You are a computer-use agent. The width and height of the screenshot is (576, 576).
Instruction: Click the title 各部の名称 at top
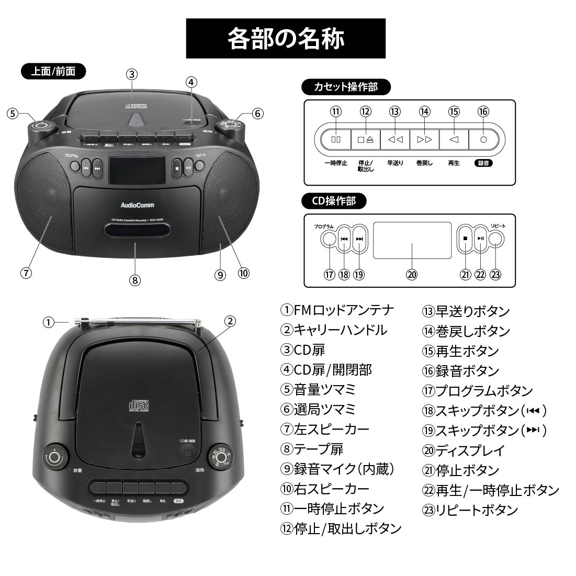pos(286,39)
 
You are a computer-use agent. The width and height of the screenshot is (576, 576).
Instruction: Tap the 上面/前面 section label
pos(53,71)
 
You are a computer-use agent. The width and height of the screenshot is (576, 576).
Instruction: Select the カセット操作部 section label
pos(346,87)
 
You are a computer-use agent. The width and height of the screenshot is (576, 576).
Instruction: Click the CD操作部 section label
pos(334,201)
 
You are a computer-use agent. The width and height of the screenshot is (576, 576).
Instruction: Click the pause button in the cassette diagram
pos(335,140)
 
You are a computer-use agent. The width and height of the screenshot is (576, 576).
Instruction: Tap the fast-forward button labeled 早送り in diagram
pos(395,140)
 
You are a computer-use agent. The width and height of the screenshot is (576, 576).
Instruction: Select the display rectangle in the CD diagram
pos(412,240)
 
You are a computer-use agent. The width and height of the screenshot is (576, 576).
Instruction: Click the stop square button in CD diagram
pos(465,239)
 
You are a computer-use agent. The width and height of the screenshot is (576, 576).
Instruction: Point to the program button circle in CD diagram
pos(329,239)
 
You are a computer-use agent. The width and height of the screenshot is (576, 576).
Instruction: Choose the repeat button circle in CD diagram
pos(495,239)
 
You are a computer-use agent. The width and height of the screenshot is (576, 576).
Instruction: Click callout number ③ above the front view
pos(132,74)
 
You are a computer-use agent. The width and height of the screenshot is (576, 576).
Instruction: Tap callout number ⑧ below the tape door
pos(134,280)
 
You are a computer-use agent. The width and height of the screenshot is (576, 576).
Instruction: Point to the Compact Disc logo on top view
pos(139,405)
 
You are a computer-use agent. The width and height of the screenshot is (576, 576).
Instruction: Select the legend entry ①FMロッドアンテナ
pos(337,310)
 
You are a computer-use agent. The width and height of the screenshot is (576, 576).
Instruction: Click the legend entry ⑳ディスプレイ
pos(464,450)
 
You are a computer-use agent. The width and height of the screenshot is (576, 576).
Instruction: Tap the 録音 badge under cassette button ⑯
pos(484,163)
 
